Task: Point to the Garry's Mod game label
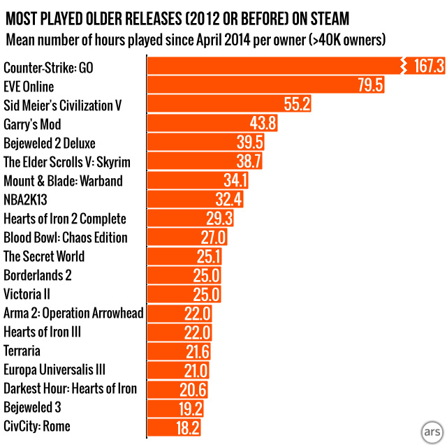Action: tap(32, 124)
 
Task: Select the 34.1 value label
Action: tap(235, 181)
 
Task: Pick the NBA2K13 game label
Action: tap(27, 200)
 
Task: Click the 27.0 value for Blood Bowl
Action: tap(214, 237)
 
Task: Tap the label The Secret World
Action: tap(44, 256)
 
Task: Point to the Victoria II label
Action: tap(27, 294)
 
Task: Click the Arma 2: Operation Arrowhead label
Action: tap(73, 313)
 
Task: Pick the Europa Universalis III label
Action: tap(54, 369)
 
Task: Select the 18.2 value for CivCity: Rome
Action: tap(189, 426)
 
